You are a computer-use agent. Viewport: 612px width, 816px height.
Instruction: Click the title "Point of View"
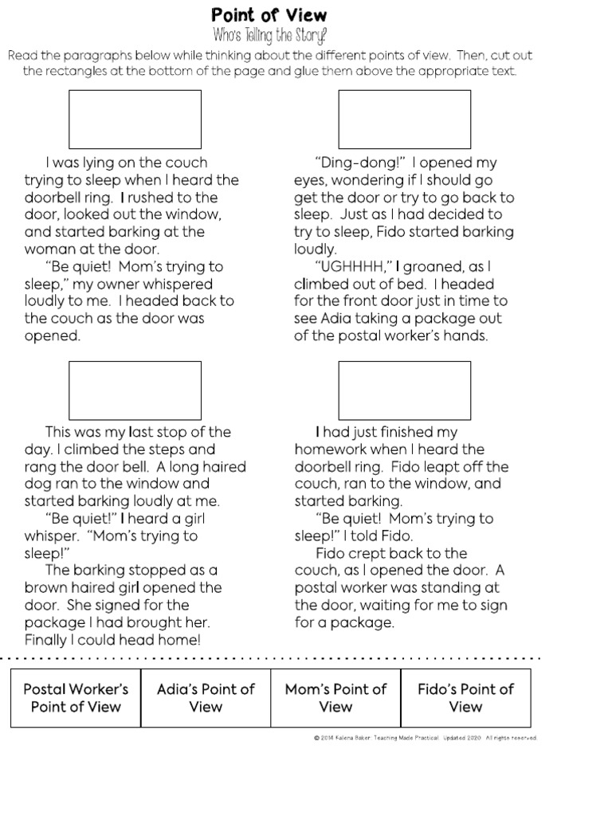click(269, 15)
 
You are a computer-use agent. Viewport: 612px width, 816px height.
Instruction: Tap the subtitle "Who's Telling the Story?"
click(269, 36)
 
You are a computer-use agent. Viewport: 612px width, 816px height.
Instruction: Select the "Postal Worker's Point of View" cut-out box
click(76, 698)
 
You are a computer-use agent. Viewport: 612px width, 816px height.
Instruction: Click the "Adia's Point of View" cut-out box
click(206, 698)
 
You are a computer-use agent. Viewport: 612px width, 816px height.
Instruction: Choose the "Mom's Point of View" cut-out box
click(335, 698)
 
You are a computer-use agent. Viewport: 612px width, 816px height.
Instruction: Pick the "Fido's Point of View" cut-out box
click(465, 698)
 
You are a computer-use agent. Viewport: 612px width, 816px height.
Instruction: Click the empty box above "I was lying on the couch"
click(135, 119)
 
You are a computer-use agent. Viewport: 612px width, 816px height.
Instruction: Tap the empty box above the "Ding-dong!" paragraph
click(404, 119)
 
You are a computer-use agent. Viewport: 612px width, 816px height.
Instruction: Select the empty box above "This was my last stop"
click(135, 389)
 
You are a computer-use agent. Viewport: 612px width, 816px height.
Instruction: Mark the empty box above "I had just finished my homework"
click(404, 389)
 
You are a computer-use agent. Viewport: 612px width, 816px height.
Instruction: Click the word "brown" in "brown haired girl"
click(45, 588)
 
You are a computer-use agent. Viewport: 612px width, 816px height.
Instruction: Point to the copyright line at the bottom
click(426, 738)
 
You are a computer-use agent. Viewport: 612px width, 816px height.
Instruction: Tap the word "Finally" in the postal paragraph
click(49, 640)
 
